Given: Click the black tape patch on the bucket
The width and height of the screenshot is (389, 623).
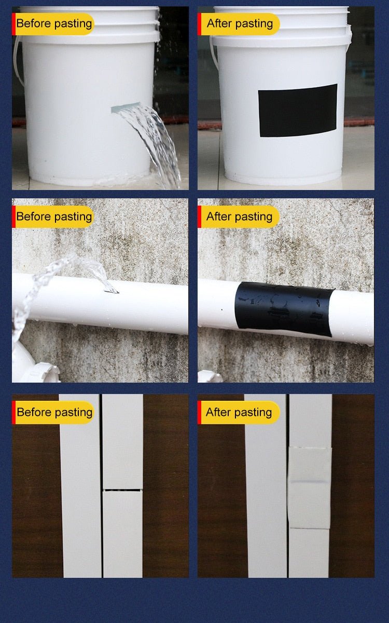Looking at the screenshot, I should coord(298,111).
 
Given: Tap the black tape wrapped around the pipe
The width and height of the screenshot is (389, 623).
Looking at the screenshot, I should coord(284,309).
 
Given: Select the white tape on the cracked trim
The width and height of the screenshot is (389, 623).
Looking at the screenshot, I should coord(310,487).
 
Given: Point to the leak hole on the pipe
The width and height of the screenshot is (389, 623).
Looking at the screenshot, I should coord(111,291).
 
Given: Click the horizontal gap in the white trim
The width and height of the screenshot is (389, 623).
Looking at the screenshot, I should coord(122,489).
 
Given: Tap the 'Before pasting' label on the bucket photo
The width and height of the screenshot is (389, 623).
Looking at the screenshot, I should coord(54,23).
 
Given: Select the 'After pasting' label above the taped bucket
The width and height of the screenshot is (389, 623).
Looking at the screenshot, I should coord(240,23).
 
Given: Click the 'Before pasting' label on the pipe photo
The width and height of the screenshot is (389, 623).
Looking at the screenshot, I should coord(54,216).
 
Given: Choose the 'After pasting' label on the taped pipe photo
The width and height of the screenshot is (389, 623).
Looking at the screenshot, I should coord(240,216).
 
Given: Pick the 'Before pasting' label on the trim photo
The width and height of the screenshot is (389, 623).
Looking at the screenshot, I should coord(54,412).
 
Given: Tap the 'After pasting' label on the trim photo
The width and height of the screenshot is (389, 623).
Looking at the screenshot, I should coord(239,412).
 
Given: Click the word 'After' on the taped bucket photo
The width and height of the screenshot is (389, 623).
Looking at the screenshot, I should coord(219,23).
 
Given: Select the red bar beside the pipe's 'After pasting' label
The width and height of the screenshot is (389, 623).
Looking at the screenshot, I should coord(199,216).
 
